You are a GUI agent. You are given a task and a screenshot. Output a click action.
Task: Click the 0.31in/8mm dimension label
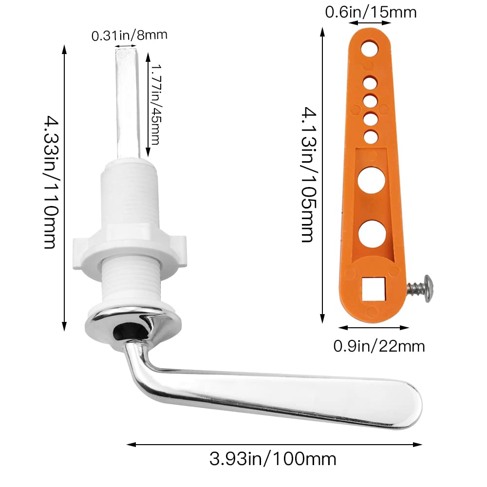coord(129,35)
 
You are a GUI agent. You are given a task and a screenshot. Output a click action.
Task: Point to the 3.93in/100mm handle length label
coord(273,459)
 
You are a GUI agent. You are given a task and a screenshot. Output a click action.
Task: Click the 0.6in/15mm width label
coord(371,12)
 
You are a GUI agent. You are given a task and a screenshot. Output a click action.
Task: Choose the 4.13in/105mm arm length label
coord(309,174)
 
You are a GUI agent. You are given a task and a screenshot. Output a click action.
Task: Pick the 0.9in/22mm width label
coord(379,346)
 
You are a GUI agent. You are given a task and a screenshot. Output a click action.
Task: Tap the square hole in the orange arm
coord(374,289)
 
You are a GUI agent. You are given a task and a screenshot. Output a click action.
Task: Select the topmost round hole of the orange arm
coord(370,48)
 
